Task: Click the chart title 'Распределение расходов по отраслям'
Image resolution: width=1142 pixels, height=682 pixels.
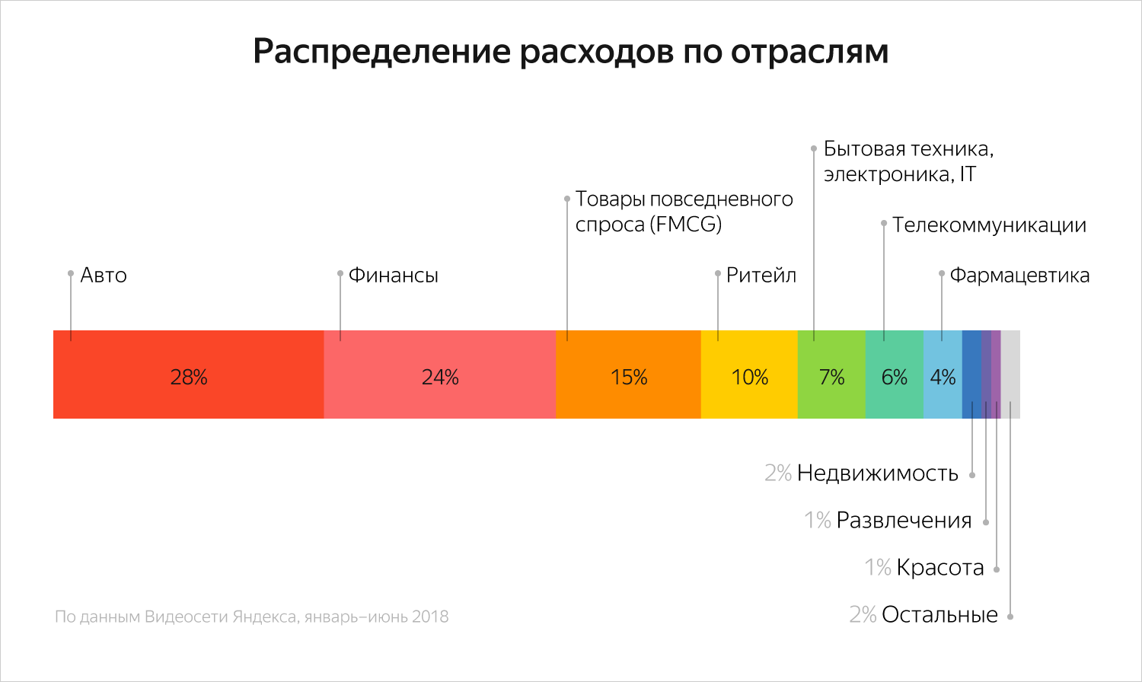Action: (570, 52)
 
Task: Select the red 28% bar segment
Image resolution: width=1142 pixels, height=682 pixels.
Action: (188, 374)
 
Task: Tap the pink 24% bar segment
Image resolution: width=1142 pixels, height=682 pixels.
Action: (439, 374)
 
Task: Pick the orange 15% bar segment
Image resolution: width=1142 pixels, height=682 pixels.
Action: (628, 374)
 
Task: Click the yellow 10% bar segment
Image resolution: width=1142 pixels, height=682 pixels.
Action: (749, 374)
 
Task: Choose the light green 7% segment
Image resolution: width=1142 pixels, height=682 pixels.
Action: (831, 374)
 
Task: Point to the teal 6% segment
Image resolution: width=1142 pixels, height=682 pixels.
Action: (894, 374)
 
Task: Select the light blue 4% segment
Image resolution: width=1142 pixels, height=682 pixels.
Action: (943, 374)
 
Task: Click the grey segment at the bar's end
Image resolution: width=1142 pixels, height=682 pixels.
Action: (1010, 374)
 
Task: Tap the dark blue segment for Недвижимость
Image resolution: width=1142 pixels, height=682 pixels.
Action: (971, 374)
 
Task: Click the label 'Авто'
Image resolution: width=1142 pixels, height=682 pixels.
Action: (104, 276)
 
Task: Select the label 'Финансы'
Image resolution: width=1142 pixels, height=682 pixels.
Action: (393, 276)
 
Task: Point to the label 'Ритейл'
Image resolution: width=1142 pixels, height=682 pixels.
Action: (761, 276)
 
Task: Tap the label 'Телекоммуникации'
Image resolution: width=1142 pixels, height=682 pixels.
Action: (989, 225)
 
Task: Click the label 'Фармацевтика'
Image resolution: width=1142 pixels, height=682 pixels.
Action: (1019, 276)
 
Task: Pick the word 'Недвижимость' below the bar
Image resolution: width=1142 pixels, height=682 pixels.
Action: (877, 473)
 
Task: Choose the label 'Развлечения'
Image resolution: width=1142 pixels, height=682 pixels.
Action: (904, 521)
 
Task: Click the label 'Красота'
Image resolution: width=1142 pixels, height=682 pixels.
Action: (940, 568)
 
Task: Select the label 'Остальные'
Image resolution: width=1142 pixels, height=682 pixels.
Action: (939, 615)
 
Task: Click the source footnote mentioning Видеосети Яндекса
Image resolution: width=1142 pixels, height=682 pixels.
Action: (251, 617)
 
